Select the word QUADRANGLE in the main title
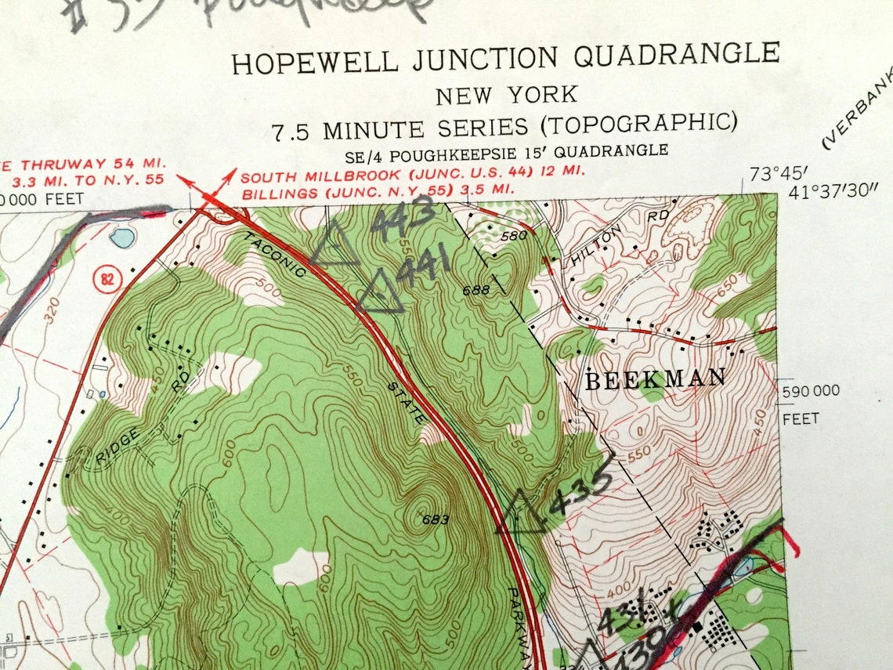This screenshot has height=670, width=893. [x=677, y=56]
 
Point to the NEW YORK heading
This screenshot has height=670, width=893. [x=507, y=96]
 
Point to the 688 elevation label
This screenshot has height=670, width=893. [x=475, y=291]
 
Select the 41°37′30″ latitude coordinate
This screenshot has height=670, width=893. [x=835, y=192]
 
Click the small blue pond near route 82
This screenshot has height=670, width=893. [x=121, y=237]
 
